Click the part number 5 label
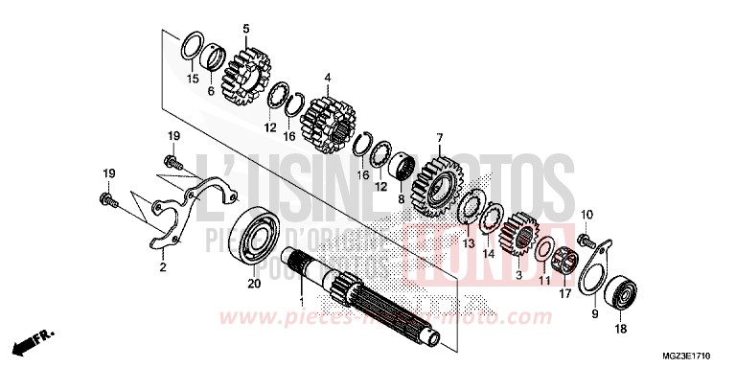[x=245, y=29]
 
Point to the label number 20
[x=254, y=284]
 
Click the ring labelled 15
[x=192, y=48]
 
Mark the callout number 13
[x=469, y=243]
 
